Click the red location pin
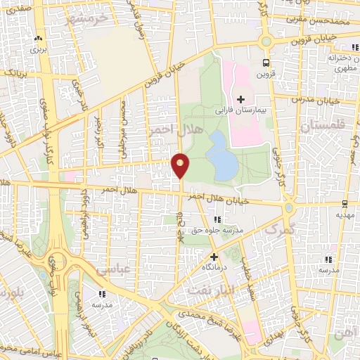181,164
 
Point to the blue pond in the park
224,155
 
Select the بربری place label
33,51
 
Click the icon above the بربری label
33,40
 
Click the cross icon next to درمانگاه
214,257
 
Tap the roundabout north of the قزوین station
266,41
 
